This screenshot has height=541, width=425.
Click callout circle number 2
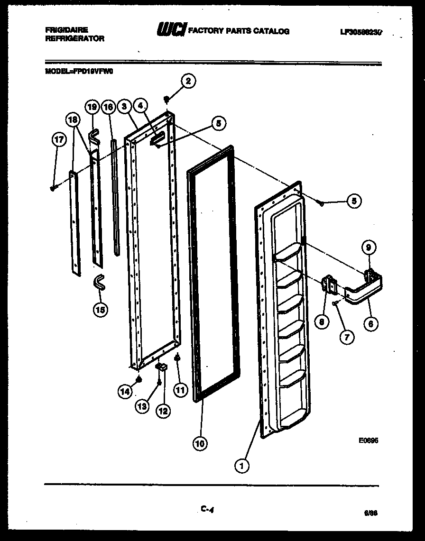pos(188,81)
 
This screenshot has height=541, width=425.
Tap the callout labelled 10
pos(200,444)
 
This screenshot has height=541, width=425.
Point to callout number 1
pos(242,466)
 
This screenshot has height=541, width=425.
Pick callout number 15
pos(100,310)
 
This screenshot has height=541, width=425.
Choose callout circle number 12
pos(163,411)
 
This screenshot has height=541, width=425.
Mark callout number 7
pos(347,337)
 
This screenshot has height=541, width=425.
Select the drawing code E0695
pos(368,440)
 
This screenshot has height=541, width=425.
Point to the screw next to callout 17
pos(53,188)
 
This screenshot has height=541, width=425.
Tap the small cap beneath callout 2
pos(167,99)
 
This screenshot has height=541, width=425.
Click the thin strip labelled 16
pos(115,197)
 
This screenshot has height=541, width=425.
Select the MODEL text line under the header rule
pos(80,72)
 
